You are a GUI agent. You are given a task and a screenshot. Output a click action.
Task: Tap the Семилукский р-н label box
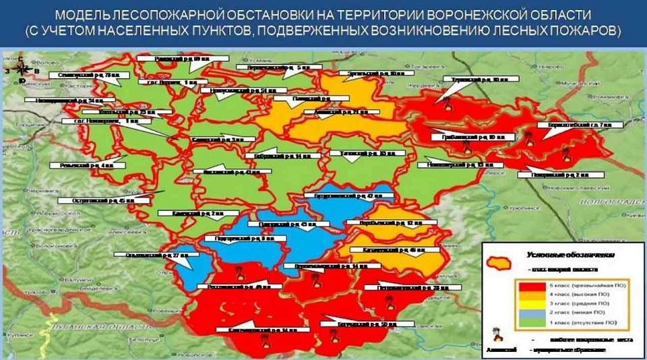click(x=84, y=76)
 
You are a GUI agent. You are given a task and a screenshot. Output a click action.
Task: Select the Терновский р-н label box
click(x=476, y=80)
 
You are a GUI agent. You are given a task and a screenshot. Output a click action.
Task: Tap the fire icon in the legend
click(x=498, y=334)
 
